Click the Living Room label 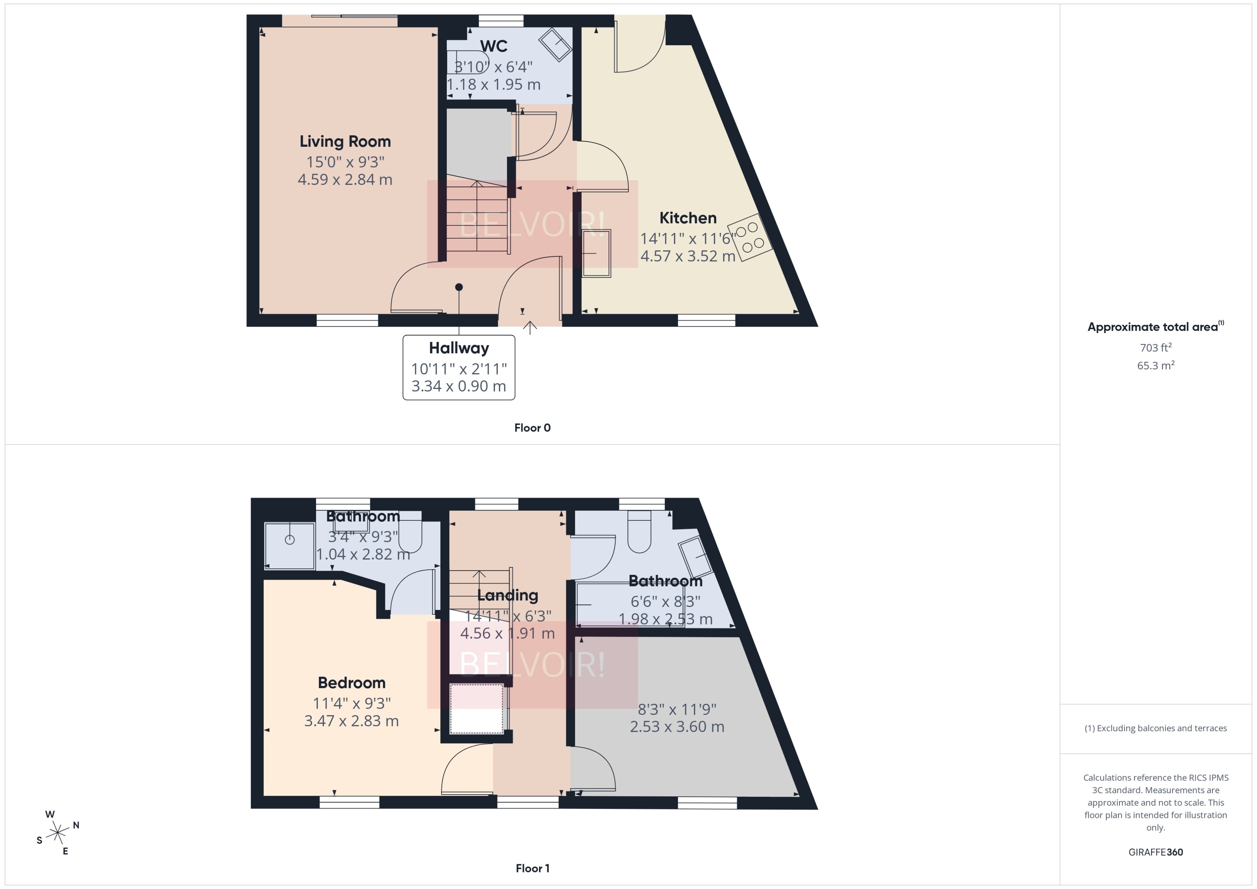pos(345,141)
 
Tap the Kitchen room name pos(687,218)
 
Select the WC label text pos(493,46)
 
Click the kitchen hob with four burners pos(750,237)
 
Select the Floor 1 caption pos(532,868)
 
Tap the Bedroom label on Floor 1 pos(352,683)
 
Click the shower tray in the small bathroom pos(290,545)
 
